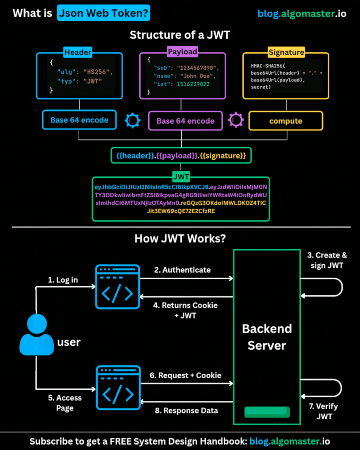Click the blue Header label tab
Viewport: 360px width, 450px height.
[78, 53]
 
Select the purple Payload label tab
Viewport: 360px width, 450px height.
[182, 52]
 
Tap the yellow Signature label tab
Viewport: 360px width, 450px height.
[286, 52]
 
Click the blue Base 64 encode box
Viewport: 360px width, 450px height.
[79, 120]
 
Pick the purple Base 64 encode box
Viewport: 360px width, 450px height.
[185, 121]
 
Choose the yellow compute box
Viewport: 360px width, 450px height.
[286, 121]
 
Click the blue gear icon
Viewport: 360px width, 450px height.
[133, 120]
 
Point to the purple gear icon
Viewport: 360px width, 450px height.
[235, 120]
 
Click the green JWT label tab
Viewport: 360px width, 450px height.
[181, 176]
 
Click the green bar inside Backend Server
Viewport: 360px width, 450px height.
[267, 412]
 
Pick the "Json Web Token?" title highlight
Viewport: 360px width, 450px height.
[103, 13]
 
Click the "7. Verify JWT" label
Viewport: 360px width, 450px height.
[324, 411]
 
